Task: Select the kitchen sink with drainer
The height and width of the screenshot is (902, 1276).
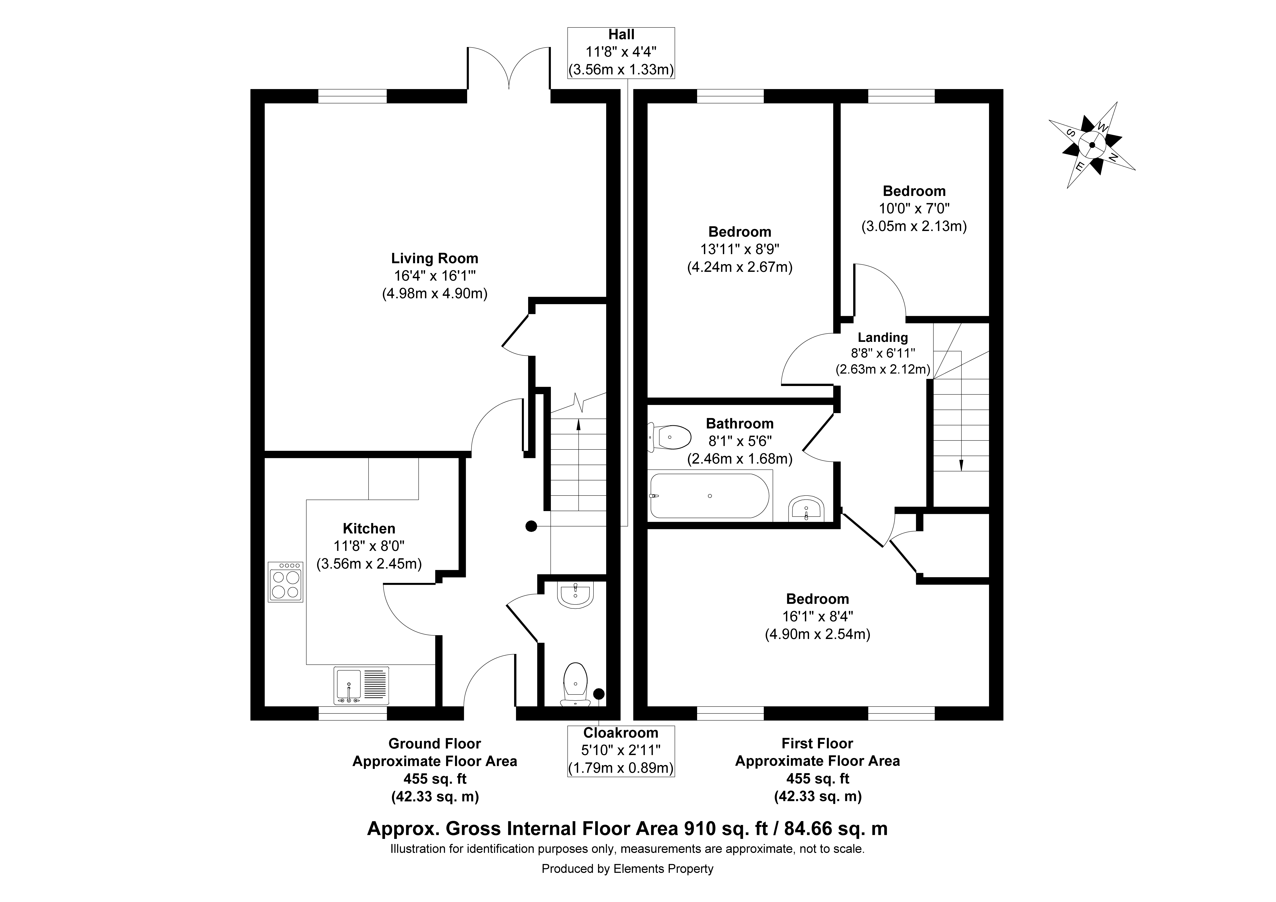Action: coord(361,685)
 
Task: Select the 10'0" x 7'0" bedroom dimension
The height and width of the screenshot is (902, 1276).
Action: coord(914,208)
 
